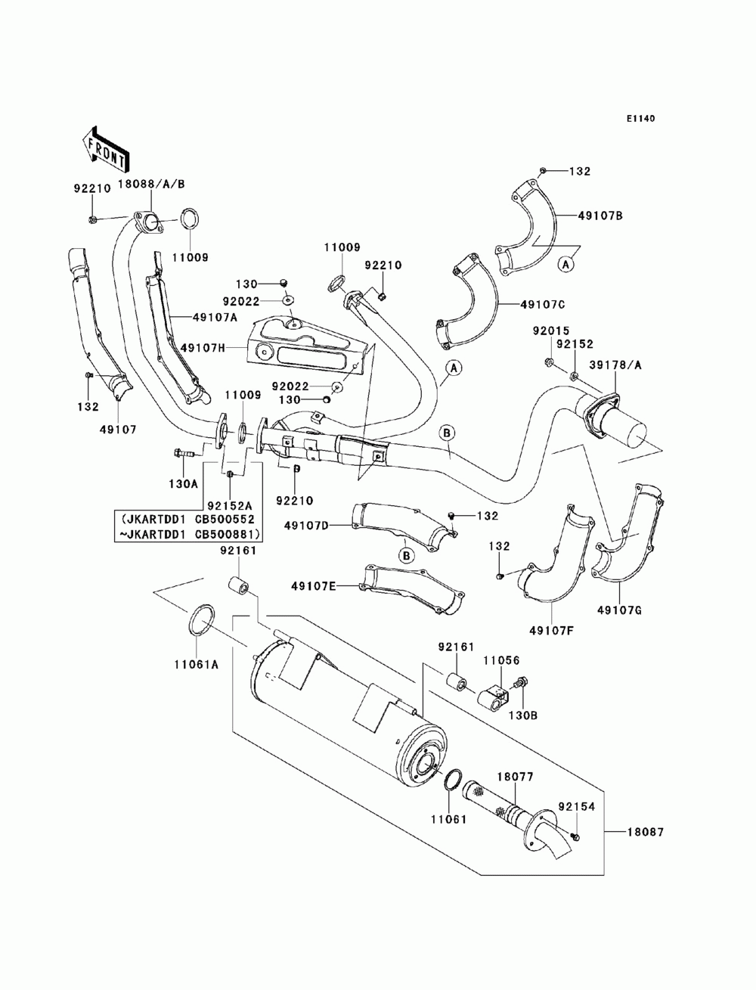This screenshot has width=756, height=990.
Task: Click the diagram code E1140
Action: click(640, 119)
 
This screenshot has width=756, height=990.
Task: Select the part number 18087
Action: click(646, 832)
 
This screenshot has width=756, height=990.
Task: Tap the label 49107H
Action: click(203, 348)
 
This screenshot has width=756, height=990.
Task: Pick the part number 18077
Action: click(516, 777)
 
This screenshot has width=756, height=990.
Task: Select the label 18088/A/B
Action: click(151, 184)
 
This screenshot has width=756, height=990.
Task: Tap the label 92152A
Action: click(230, 504)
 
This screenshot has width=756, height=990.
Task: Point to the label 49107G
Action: click(619, 610)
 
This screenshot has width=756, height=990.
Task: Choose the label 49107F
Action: click(551, 631)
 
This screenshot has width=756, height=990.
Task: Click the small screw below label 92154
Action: click(575, 837)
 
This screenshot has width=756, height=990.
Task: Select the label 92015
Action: click(551, 331)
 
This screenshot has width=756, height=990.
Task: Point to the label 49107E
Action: click(313, 586)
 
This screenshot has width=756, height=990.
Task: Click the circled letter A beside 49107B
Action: click(566, 265)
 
